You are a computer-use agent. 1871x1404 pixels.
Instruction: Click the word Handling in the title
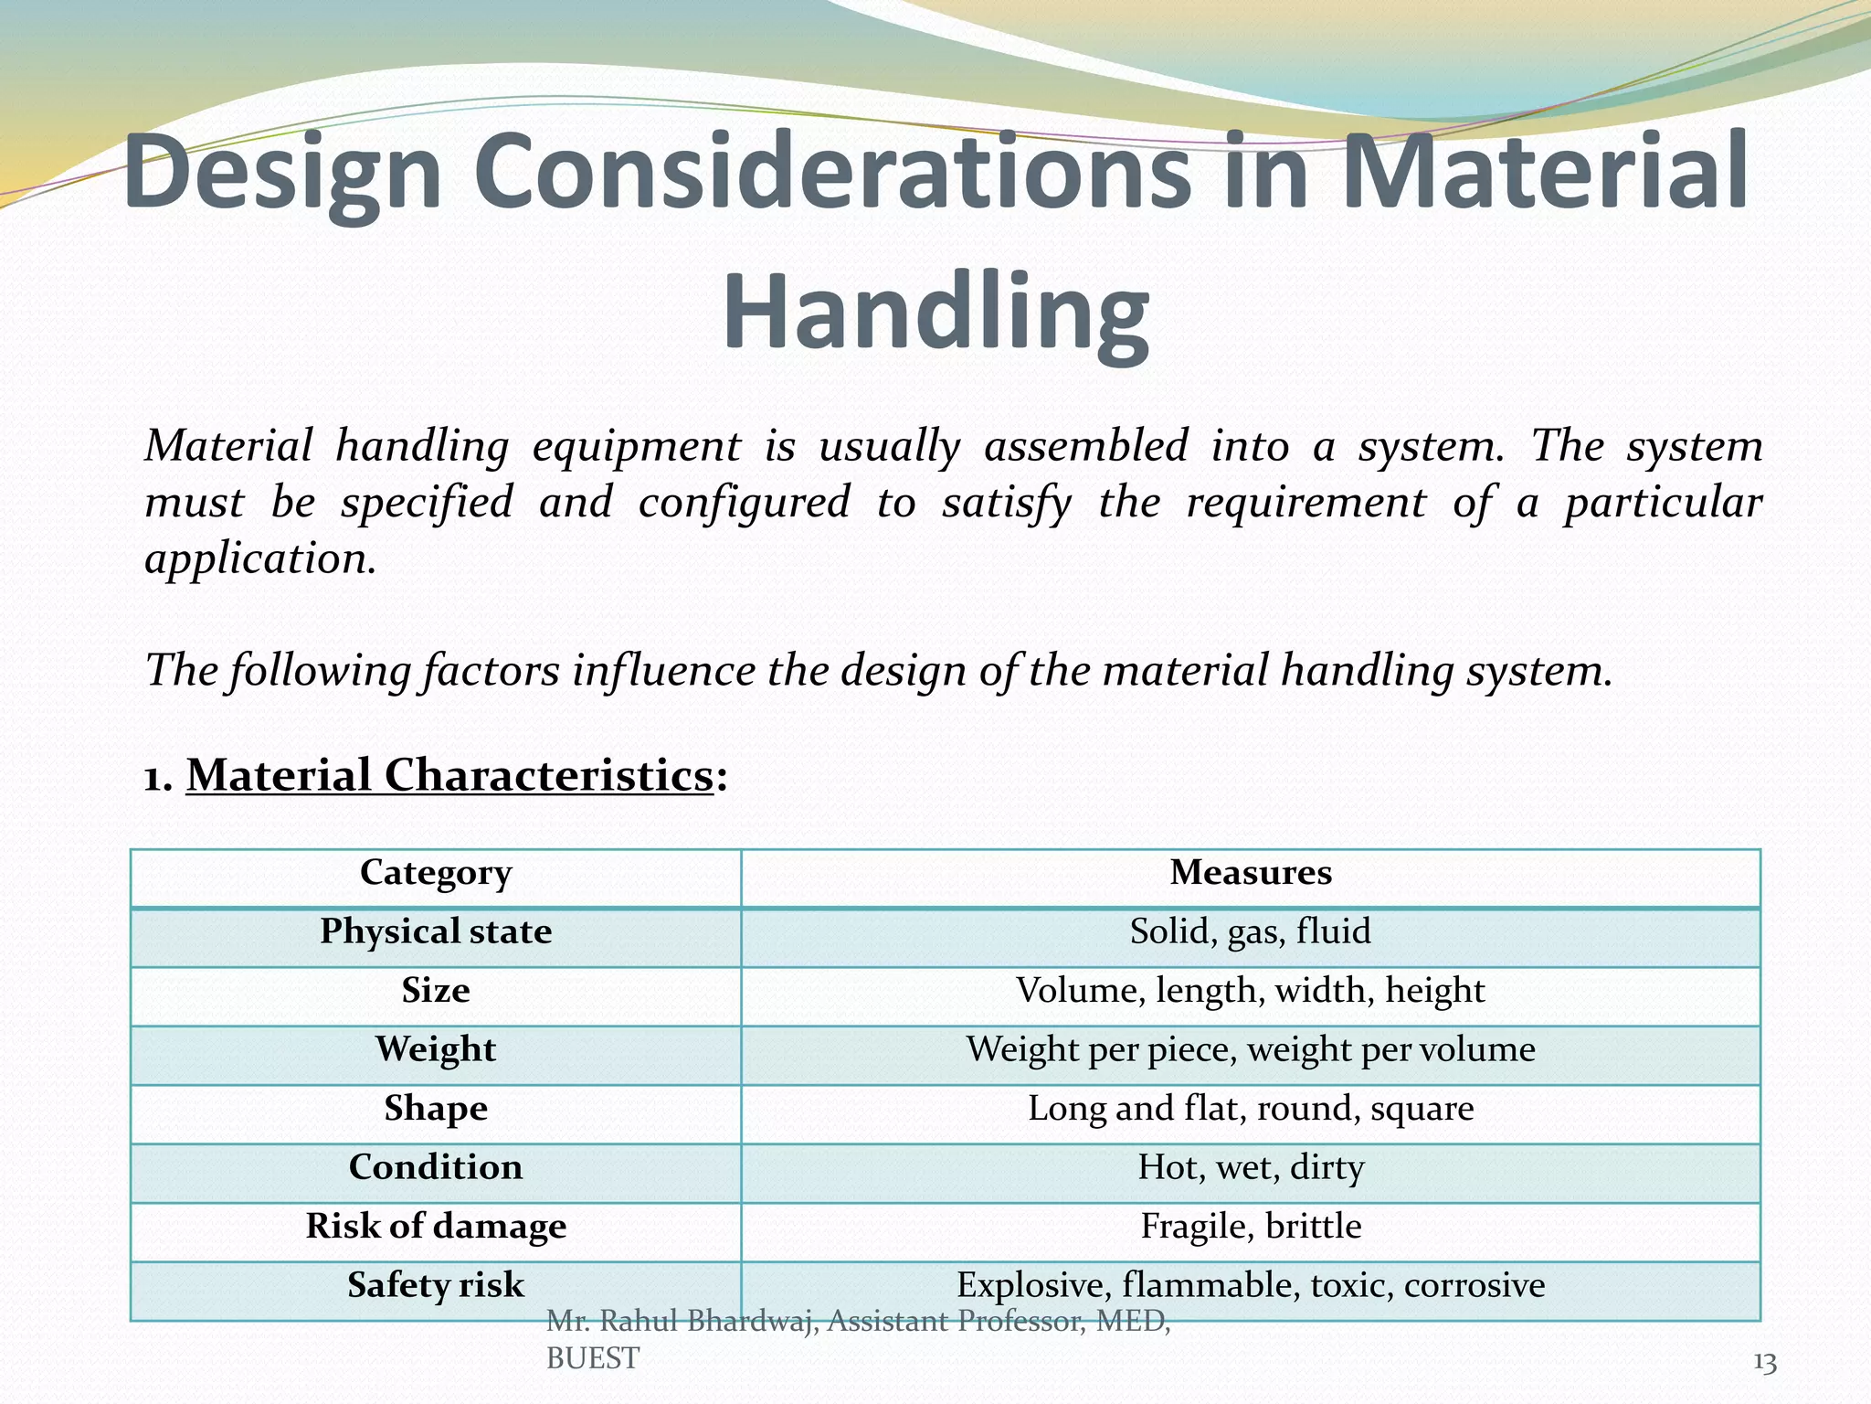tap(935, 312)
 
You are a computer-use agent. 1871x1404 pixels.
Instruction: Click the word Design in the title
tap(282, 173)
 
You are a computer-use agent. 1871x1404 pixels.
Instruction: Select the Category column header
tap(436, 873)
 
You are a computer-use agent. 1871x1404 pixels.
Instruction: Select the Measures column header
tap(1250, 873)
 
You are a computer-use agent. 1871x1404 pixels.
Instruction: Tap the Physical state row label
tap(436, 931)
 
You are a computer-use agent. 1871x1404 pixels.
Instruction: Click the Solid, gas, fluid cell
tap(1250, 931)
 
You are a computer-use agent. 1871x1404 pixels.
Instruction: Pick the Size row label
tap(436, 991)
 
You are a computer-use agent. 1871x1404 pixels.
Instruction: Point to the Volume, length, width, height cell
tap(1250, 991)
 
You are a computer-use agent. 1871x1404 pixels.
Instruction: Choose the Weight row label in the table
tap(436, 1049)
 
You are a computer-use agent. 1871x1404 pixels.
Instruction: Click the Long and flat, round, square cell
tap(1250, 1109)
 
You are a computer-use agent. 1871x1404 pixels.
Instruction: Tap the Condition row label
tap(436, 1167)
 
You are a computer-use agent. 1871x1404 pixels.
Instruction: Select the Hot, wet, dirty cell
tap(1250, 1167)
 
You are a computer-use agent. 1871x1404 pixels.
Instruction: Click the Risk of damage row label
tap(436, 1226)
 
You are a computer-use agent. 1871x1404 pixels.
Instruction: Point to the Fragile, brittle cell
tap(1250, 1226)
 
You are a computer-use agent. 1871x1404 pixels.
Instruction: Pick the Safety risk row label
tap(436, 1285)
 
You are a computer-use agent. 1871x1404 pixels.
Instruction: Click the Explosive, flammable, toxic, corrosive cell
tap(1250, 1285)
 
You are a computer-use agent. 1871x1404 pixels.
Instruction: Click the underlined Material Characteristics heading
tap(449, 775)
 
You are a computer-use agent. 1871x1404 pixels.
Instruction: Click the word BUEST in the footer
tap(592, 1359)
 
